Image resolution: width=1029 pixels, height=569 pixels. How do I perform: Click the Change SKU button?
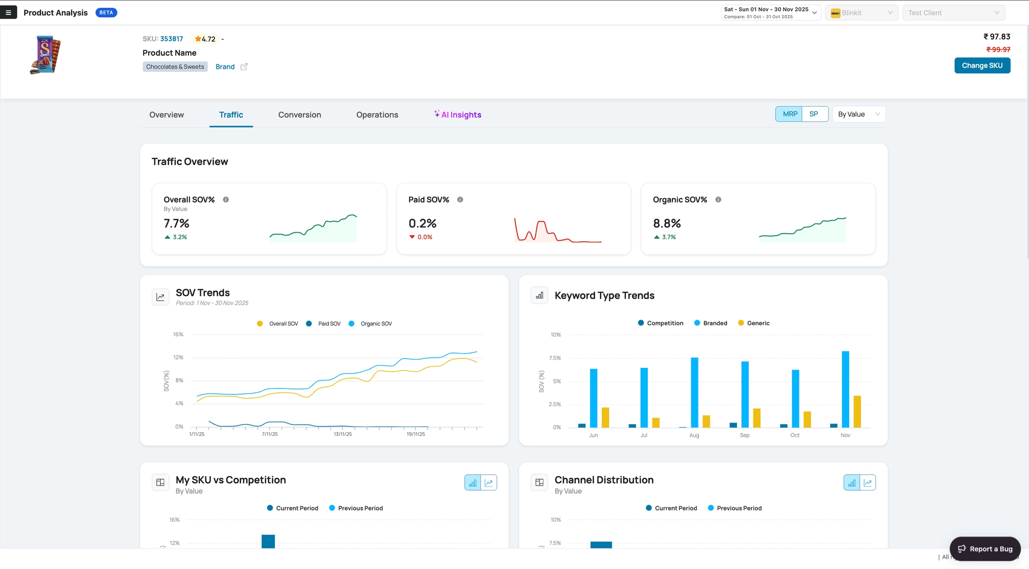pyautogui.click(x=982, y=65)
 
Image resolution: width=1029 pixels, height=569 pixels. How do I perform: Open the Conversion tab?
pyautogui.click(x=299, y=115)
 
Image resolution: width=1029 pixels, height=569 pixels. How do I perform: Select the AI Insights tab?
pyautogui.click(x=458, y=115)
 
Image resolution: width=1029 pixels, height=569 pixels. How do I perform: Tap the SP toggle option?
pyautogui.click(x=814, y=114)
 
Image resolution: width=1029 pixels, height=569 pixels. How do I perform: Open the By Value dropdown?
pyautogui.click(x=859, y=114)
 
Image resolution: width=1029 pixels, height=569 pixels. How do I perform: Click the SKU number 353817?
pyautogui.click(x=171, y=39)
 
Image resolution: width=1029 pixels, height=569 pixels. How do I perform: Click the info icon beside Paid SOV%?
pyautogui.click(x=460, y=200)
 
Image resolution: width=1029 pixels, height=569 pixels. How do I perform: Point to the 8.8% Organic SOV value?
pyautogui.click(x=667, y=223)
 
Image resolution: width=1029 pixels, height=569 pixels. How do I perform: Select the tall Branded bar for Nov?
pyautogui.click(x=846, y=389)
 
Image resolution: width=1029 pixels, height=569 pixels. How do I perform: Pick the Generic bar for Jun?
pyautogui.click(x=605, y=417)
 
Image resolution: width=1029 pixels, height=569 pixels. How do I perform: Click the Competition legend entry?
pyautogui.click(x=661, y=323)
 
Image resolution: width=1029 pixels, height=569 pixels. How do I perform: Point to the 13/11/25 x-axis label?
pyautogui.click(x=343, y=434)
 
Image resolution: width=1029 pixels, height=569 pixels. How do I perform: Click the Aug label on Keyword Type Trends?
pyautogui.click(x=694, y=435)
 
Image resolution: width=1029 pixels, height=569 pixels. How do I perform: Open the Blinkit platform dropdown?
pyautogui.click(x=862, y=13)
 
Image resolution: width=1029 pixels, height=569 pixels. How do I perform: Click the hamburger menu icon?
pyautogui.click(x=9, y=13)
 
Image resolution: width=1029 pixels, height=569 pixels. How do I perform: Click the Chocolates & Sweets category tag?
pyautogui.click(x=175, y=67)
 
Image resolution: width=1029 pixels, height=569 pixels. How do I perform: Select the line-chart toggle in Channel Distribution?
pyautogui.click(x=868, y=483)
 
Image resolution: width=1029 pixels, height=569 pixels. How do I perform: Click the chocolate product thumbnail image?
pyautogui.click(x=45, y=55)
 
